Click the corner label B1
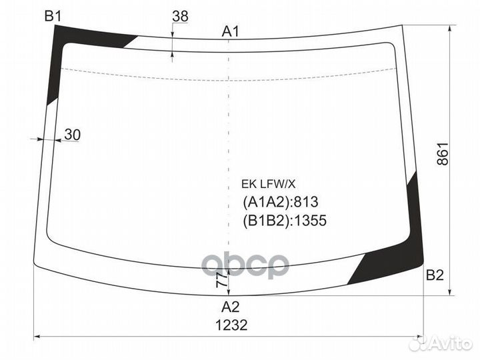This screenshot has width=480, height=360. click(53, 16)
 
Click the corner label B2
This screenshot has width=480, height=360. click(435, 275)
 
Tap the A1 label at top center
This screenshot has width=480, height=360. click(230, 31)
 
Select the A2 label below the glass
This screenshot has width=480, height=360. click(230, 307)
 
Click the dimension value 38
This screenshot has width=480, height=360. click(180, 16)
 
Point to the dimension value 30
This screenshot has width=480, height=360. click(73, 135)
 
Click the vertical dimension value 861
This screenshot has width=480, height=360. click(443, 154)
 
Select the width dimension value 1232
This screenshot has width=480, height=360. click(231, 325)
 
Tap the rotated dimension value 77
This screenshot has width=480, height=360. click(221, 280)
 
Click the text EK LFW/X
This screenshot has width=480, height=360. click(268, 184)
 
